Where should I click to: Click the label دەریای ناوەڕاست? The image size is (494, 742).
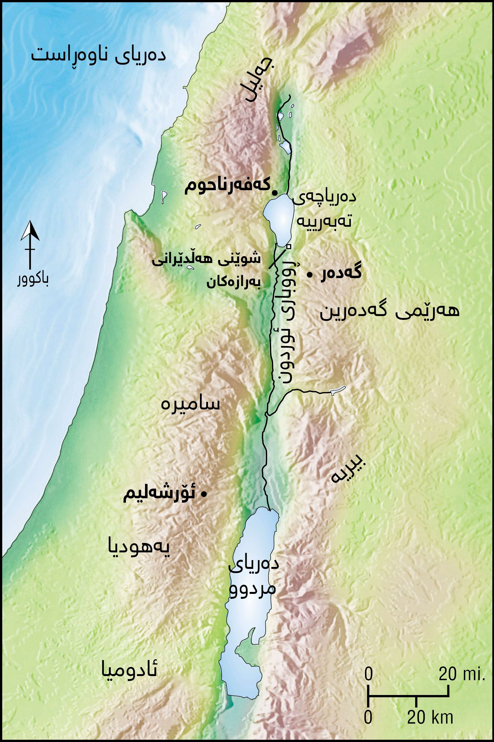pyautogui.click(x=98, y=56)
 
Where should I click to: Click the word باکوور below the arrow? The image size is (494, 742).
pyautogui.click(x=33, y=280)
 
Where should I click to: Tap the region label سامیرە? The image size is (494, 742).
pyautogui.click(x=190, y=404)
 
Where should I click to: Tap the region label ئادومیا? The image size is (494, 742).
pyautogui.click(x=129, y=671)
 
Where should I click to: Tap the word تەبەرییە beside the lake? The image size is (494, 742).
pyautogui.click(x=324, y=222)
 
